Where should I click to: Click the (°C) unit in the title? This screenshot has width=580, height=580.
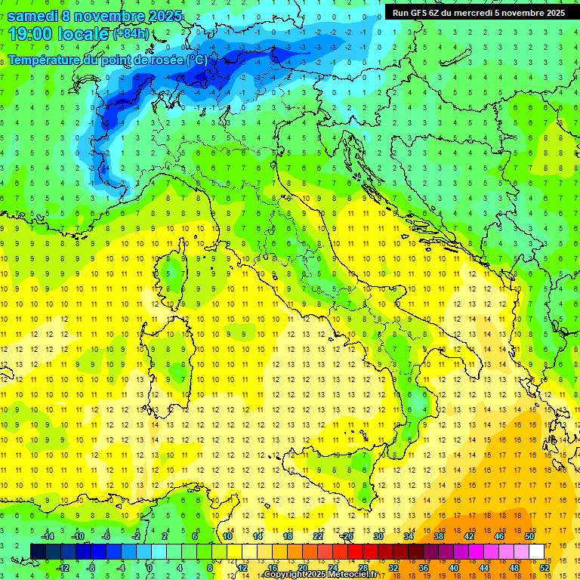pos(196,59)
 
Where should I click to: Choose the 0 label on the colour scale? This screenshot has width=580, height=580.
pos(150,568)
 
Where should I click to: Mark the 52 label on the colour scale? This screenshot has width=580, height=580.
pos(545,568)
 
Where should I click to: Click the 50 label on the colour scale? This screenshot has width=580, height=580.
pos(529,536)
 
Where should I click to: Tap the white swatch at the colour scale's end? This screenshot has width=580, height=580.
pos(537,551)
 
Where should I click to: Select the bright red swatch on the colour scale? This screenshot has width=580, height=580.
pos(356,551)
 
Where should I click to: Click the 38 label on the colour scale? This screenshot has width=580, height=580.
pos(439,536)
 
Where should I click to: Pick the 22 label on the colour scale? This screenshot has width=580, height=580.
pos(318,536)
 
